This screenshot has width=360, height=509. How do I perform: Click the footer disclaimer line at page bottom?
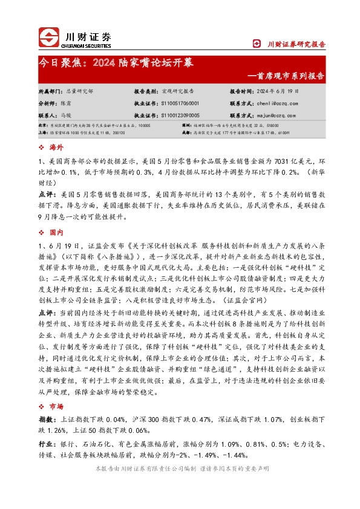tap(180, 470)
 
